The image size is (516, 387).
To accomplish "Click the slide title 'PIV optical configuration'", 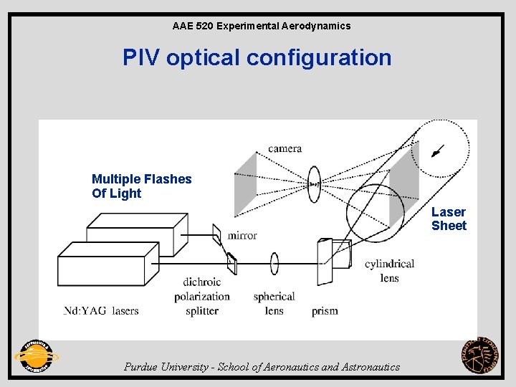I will [x=257, y=57].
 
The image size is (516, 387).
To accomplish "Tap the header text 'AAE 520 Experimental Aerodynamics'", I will [x=262, y=26].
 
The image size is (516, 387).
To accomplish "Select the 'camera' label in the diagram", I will [x=285, y=148].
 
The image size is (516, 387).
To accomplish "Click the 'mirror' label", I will [x=242, y=235].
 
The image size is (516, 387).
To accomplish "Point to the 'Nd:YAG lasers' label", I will [x=101, y=310].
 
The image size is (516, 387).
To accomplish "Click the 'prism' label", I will [x=325, y=311].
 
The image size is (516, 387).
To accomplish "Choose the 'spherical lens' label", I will [x=274, y=303].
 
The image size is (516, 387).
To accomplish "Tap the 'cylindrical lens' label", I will [x=389, y=270].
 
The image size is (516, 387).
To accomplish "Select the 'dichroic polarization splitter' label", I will [x=201, y=296].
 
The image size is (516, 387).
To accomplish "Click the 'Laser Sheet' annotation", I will [x=449, y=219].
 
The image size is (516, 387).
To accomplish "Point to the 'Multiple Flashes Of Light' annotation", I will [x=142, y=186].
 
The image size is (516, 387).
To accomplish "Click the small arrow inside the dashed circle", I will [x=437, y=150].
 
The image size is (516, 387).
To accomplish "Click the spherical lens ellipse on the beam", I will [x=274, y=263].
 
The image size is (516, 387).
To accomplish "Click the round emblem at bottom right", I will [x=479, y=355].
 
